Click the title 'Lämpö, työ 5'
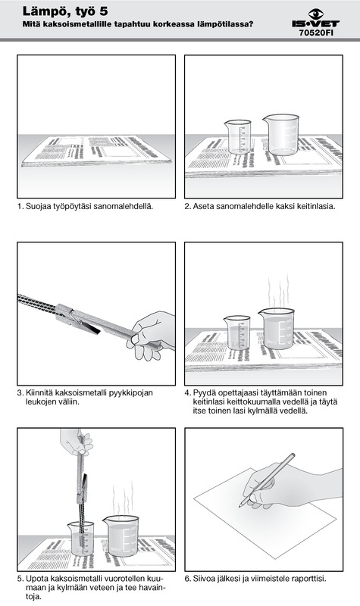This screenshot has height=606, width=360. point(65,11)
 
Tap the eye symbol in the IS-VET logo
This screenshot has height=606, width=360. point(316,14)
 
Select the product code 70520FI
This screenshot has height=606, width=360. point(316,33)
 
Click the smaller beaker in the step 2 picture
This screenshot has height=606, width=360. point(238,137)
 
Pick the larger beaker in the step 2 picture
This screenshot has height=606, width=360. point(281,135)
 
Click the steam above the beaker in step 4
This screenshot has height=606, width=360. point(279,291)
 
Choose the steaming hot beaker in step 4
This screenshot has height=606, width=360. point(277,329)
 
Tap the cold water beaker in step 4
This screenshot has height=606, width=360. point(237,333)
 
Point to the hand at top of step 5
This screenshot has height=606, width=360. point(77,442)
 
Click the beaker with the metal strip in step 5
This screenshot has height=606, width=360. point(81,539)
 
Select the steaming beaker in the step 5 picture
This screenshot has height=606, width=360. point(121,536)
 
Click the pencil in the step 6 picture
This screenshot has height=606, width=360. point(267,480)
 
